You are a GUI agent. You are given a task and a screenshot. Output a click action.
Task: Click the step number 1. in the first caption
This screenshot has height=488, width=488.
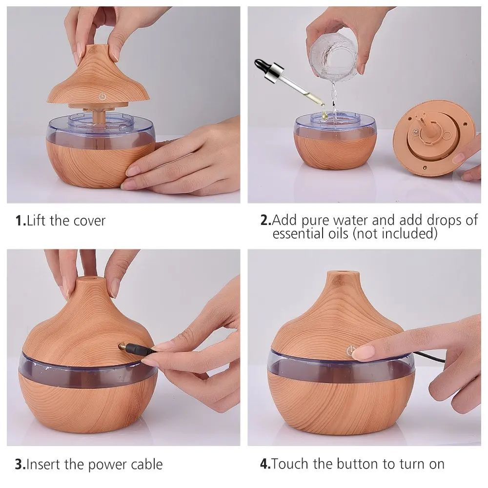20,221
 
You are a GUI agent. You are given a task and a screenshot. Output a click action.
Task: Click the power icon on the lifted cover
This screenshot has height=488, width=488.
102,96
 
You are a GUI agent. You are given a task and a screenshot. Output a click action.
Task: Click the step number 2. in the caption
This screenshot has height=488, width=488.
266,220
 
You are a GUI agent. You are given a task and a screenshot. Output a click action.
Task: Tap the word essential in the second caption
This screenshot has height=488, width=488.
310,233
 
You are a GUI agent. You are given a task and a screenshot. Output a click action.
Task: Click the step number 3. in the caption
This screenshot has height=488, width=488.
20,465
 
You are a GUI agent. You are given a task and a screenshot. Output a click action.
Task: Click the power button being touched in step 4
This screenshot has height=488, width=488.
350,350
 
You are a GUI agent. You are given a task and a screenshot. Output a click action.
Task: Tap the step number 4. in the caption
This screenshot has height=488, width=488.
265,464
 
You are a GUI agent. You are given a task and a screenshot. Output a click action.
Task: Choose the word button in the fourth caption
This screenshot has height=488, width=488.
358,464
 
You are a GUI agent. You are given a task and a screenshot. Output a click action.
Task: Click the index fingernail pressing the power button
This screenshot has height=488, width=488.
363,352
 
